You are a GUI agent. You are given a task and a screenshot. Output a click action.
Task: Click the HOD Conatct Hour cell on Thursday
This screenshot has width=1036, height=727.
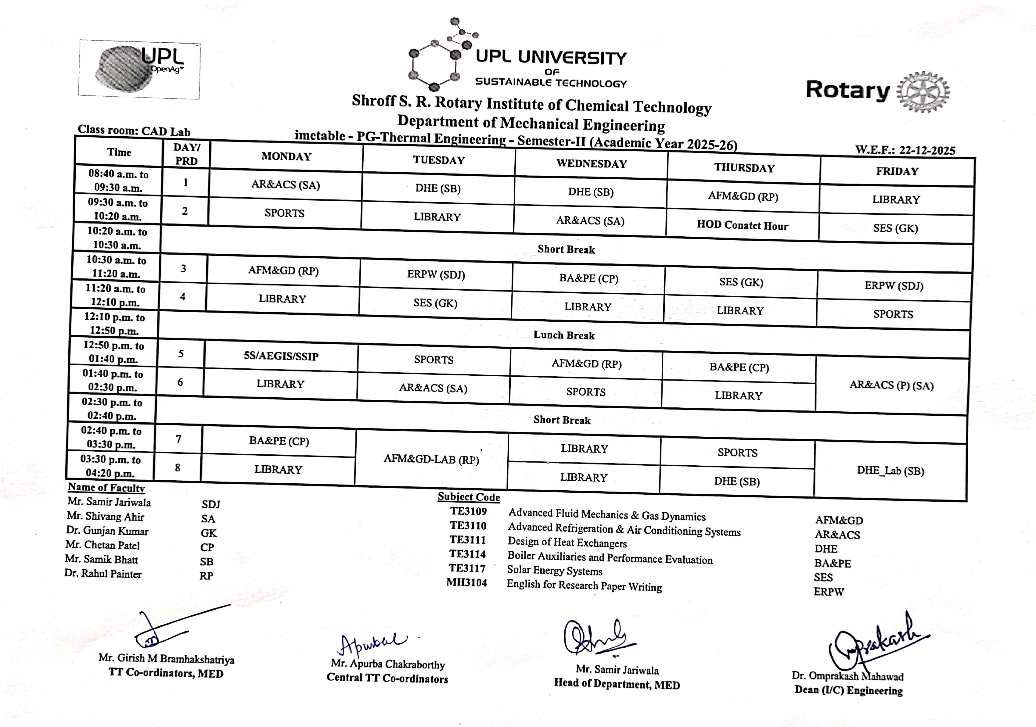(x=742, y=225)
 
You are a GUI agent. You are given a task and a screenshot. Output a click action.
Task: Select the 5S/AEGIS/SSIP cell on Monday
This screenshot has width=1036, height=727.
(x=281, y=356)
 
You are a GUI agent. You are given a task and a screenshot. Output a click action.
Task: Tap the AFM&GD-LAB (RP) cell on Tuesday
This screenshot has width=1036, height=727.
(x=431, y=459)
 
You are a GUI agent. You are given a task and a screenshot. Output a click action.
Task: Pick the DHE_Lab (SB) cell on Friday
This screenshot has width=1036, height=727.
(x=890, y=471)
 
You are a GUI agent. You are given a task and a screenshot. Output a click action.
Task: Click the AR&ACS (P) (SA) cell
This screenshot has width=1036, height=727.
(x=891, y=385)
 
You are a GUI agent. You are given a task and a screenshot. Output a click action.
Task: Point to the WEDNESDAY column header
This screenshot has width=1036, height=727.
(x=592, y=164)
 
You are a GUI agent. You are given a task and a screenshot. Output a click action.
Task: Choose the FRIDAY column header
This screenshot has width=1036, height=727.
(x=897, y=171)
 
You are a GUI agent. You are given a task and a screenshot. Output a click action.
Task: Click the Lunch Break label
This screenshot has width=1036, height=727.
(x=564, y=335)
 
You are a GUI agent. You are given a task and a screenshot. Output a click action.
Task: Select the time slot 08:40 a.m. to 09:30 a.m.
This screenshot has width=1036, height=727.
(x=118, y=181)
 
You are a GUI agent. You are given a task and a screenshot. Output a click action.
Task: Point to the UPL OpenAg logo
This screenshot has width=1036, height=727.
(x=140, y=69)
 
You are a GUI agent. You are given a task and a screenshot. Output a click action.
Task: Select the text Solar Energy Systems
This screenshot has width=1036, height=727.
(x=555, y=571)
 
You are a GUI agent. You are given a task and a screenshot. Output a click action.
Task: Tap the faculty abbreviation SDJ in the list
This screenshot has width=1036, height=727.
(x=211, y=504)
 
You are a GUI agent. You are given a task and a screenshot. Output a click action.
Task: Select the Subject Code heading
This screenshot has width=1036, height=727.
(x=469, y=497)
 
